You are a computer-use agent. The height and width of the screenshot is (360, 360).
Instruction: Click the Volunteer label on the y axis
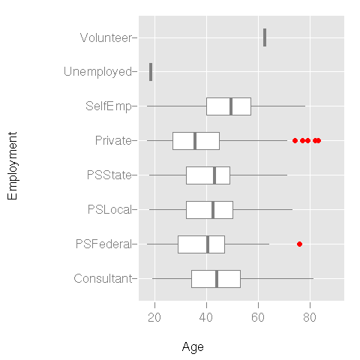click(x=106, y=37)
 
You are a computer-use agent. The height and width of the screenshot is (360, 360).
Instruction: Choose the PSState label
click(x=109, y=175)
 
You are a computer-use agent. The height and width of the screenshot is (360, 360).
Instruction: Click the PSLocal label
click(x=109, y=209)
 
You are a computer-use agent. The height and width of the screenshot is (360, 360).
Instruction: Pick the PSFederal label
click(x=105, y=244)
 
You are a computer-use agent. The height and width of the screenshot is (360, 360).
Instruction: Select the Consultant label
click(x=103, y=278)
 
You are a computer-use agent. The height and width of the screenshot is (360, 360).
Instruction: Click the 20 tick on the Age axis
click(x=155, y=318)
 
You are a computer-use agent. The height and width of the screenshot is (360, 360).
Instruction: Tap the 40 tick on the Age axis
click(x=207, y=318)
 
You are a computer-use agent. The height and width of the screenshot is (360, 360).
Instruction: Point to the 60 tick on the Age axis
click(x=259, y=318)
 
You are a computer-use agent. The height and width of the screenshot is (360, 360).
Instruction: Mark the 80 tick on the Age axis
click(x=310, y=318)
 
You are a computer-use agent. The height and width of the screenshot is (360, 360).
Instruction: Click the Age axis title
click(x=193, y=347)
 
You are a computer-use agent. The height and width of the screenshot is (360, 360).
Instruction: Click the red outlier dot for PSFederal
click(x=300, y=244)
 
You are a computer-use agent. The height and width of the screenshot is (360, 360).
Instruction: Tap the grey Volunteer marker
click(x=265, y=37)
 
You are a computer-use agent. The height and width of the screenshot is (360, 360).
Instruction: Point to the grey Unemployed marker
click(x=151, y=72)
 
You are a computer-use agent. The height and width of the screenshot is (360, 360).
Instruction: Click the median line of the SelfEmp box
click(x=231, y=106)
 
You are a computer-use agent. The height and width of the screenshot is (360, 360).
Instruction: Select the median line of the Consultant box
click(x=217, y=278)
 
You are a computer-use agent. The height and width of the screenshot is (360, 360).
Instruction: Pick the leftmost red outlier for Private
click(x=295, y=140)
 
